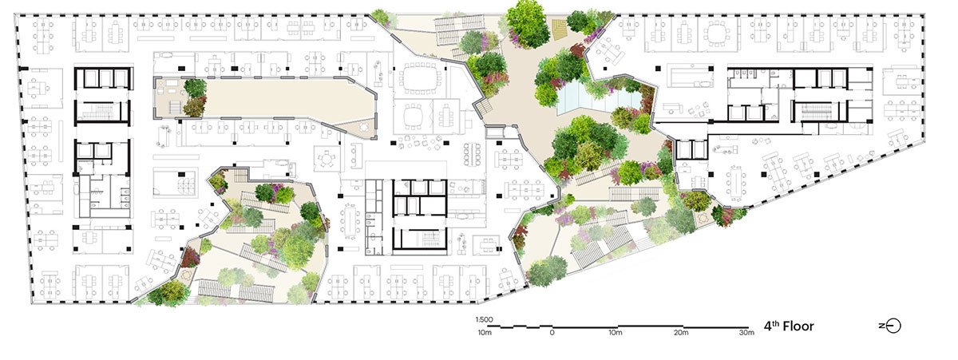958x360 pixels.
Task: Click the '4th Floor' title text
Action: pyautogui.click(x=788, y=326)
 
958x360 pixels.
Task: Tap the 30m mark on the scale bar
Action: pyautogui.click(x=745, y=332)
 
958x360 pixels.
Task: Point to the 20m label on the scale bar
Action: pyautogui.click(x=680, y=332)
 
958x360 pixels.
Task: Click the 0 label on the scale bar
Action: pyautogui.click(x=552, y=332)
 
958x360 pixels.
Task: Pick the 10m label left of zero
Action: pyautogui.click(x=484, y=332)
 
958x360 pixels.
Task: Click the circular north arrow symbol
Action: pyautogui.click(x=893, y=326)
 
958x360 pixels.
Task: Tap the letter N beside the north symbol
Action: pyautogui.click(x=882, y=326)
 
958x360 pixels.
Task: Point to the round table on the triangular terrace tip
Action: pyautogui.click(x=363, y=125)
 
